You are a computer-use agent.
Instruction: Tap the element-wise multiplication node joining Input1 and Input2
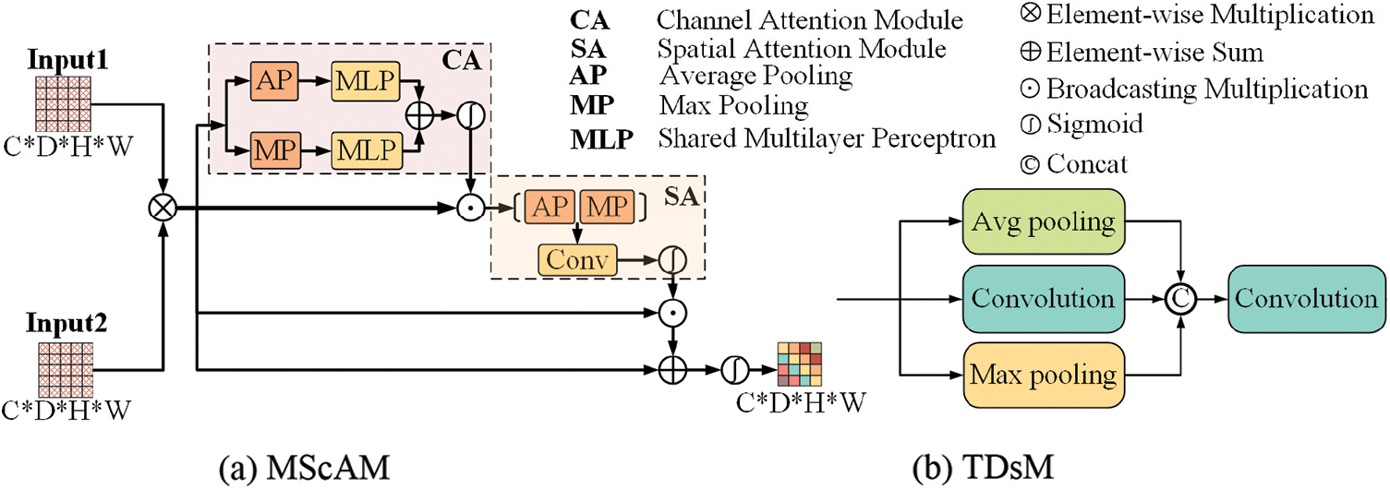pyautogui.click(x=163, y=209)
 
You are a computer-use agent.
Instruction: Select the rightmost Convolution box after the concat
pyautogui.click(x=1306, y=298)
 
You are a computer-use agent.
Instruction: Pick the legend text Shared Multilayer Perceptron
pyautogui.click(x=827, y=139)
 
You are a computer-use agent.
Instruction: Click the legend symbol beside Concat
pyautogui.click(x=1032, y=164)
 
